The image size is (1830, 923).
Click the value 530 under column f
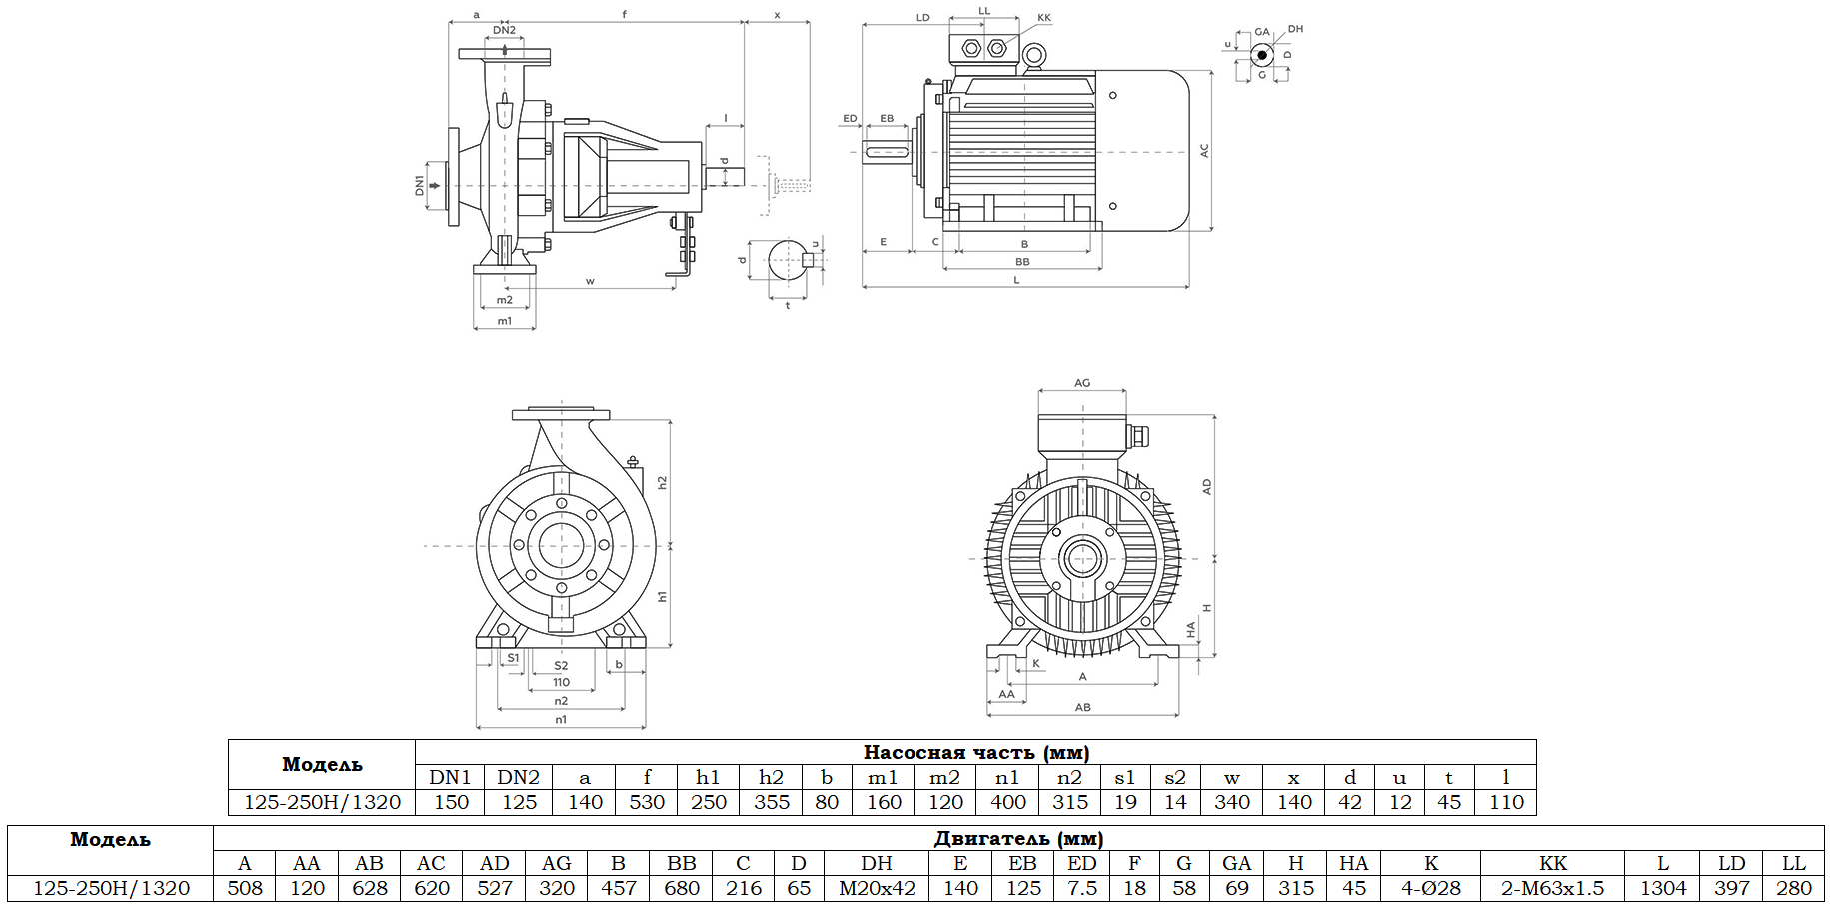647,802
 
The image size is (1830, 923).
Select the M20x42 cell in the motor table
876,888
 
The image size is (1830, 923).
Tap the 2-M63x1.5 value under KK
1552,888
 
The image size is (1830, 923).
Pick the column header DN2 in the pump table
518,777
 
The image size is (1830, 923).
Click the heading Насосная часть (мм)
975,752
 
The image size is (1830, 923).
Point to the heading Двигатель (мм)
1018,838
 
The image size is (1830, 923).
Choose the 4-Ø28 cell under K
1430,888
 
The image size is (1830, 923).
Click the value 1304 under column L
1662,888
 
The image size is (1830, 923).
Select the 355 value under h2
771,802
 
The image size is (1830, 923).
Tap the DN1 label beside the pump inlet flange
420,185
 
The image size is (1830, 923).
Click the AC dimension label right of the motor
1204,151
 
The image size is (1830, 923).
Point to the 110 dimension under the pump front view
561,682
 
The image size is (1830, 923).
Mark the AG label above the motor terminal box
1082,383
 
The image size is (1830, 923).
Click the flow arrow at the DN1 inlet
435,185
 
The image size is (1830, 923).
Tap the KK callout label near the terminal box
1044,18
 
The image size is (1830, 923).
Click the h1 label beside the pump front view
662,596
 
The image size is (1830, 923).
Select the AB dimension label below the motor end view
1082,707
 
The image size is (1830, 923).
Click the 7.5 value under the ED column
1081,888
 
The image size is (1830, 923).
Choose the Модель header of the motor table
110,839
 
